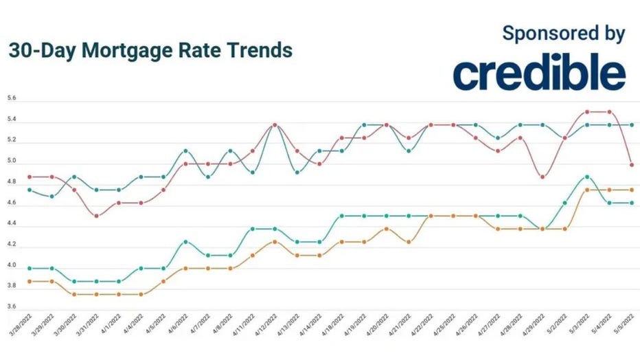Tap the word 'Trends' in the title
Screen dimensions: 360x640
tap(258, 52)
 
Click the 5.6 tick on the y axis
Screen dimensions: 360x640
tap(11, 99)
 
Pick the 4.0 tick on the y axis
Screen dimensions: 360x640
tap(11, 265)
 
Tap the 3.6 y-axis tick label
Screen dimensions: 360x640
tap(11, 306)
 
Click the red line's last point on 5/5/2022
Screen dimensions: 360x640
tap(631, 165)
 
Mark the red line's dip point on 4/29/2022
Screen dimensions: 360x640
tap(542, 177)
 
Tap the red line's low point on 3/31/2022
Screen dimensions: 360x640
tap(96, 216)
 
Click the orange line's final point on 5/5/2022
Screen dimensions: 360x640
tap(631, 190)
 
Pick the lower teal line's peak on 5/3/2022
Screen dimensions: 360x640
tap(586, 177)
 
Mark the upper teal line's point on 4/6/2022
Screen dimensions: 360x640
tap(185, 150)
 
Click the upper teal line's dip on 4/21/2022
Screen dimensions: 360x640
tap(409, 150)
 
